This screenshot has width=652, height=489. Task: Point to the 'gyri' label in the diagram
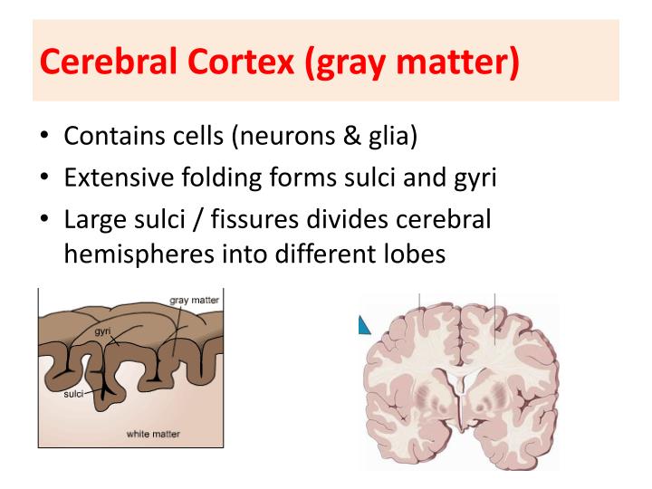click(102, 333)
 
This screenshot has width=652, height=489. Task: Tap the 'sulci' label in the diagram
click(74, 395)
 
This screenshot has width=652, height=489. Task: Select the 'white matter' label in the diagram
click(153, 434)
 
